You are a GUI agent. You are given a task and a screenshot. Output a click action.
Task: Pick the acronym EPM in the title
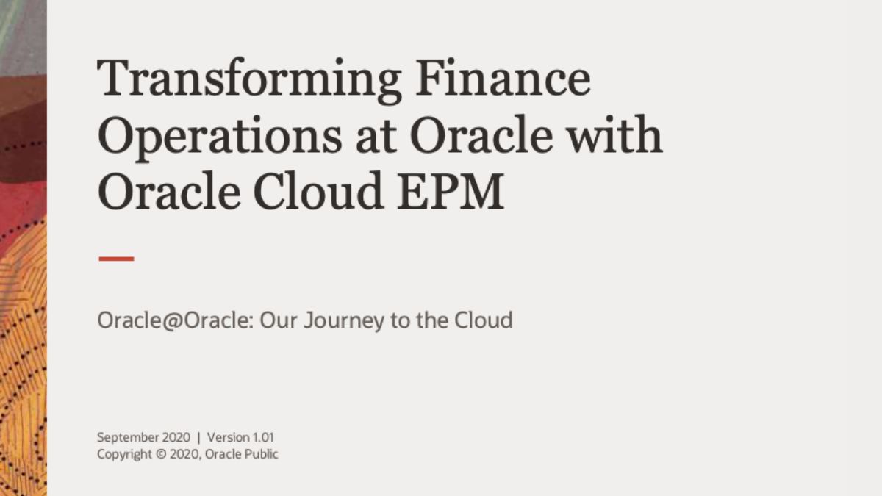(451, 190)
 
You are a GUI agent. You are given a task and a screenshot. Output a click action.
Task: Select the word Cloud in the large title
(318, 190)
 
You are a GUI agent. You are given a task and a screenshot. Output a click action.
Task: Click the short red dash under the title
(117, 259)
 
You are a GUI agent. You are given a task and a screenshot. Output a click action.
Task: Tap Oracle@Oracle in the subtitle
(175, 320)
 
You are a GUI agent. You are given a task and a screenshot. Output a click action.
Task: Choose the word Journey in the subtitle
(344, 321)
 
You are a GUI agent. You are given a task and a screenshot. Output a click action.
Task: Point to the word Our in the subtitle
(279, 320)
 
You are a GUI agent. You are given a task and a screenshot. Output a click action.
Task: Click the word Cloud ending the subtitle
(483, 320)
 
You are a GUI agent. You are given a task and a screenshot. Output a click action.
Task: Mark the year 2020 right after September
(176, 437)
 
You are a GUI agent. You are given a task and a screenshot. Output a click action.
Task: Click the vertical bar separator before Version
(198, 438)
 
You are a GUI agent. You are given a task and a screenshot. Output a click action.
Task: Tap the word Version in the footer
(229, 437)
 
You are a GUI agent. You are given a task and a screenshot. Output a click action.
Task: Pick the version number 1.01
(263, 437)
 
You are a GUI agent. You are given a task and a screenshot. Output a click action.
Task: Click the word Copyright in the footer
(124, 455)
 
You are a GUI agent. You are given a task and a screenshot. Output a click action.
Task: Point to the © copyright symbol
(161, 454)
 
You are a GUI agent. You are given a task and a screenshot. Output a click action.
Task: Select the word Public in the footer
(261, 454)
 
